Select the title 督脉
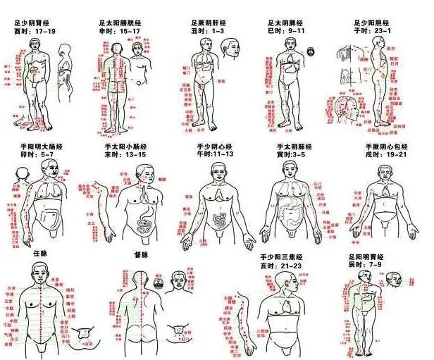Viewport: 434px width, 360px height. click(142, 253)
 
